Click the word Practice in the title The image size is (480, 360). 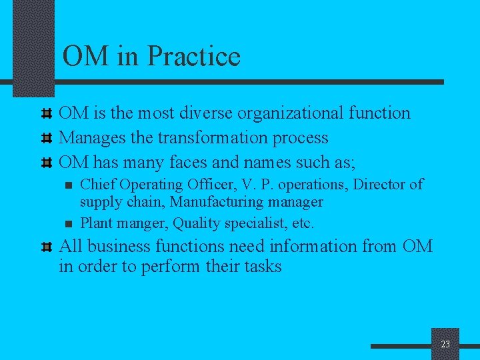coord(193,56)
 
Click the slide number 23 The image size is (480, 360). coord(445,344)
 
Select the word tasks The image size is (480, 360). coord(260,267)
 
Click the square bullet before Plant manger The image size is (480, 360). coord(68,223)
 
